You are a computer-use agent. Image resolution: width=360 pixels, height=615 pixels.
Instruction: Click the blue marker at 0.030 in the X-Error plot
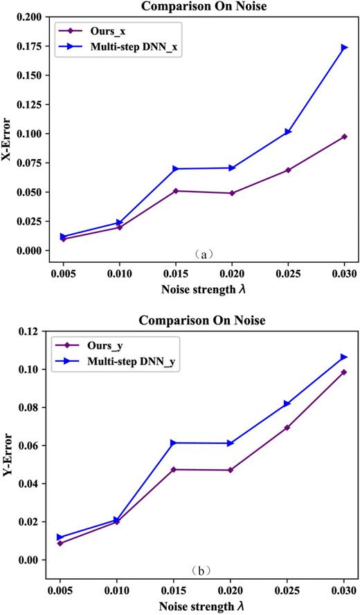pos(344,48)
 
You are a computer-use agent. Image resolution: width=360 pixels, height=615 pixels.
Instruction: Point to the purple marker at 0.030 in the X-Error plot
pos(344,136)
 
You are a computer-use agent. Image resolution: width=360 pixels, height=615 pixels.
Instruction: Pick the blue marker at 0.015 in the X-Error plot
pos(176,169)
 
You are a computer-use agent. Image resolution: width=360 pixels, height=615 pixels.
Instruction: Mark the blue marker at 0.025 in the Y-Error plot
pos(287,404)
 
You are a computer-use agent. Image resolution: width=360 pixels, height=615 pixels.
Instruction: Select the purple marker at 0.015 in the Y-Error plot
pos(176,470)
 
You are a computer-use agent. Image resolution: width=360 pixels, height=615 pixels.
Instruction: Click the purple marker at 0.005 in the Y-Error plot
pos(63,543)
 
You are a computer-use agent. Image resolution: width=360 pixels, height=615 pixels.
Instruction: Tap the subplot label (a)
pos(203,255)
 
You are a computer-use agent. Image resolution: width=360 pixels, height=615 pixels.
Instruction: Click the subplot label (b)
pos(203,571)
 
